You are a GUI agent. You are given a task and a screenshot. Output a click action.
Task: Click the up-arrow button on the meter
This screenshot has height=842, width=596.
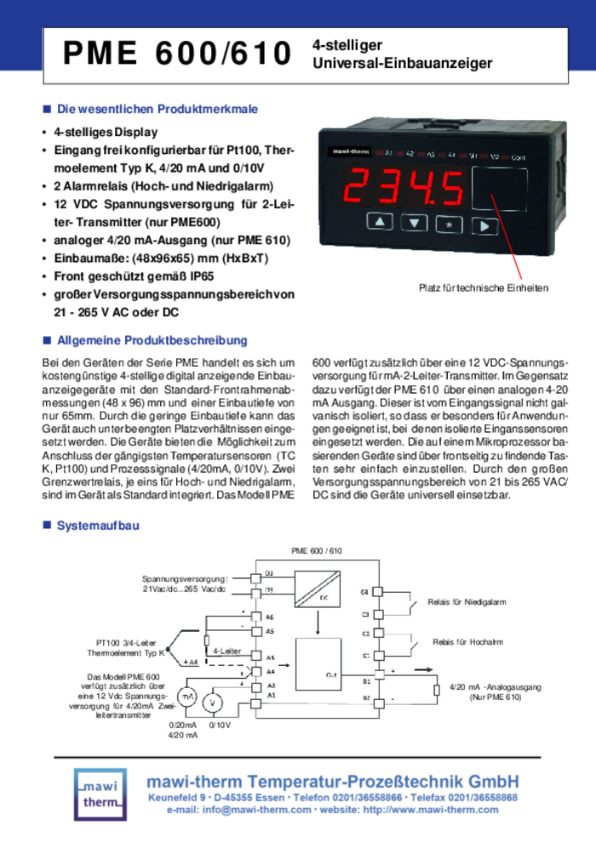tap(381, 224)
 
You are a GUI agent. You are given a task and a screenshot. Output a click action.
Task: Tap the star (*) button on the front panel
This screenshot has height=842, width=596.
tap(448, 225)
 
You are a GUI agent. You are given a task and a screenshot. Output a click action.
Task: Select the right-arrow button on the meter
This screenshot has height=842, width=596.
tap(484, 225)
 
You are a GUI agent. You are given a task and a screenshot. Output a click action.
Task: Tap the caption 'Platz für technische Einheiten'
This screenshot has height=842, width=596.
tap(483, 288)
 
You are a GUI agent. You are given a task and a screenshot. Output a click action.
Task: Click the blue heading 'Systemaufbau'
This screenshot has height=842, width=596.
tap(97, 526)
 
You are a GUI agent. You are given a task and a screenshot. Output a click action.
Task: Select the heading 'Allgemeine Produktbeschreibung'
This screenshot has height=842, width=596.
tap(152, 340)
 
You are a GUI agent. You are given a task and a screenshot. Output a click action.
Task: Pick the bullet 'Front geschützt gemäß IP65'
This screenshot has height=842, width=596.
tap(134, 276)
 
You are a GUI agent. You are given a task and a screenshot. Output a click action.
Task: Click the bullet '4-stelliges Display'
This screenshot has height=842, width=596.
tap(106, 133)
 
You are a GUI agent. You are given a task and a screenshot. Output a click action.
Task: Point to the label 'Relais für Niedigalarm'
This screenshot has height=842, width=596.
tap(466, 602)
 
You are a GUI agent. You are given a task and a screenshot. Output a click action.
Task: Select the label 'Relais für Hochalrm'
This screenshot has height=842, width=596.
tap(466, 642)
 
